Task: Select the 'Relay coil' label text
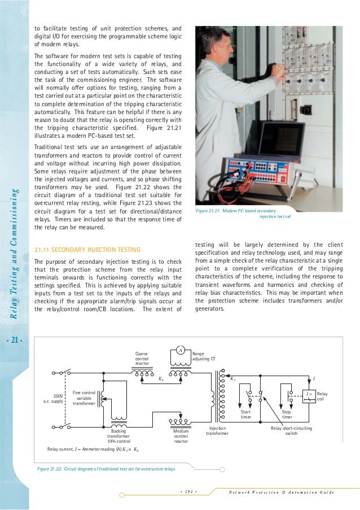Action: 322,396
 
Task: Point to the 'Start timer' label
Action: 245,415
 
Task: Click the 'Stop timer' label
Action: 286,415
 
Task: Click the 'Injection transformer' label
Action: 217,431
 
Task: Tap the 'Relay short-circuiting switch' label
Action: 291,431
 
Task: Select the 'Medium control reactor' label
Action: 181,435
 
